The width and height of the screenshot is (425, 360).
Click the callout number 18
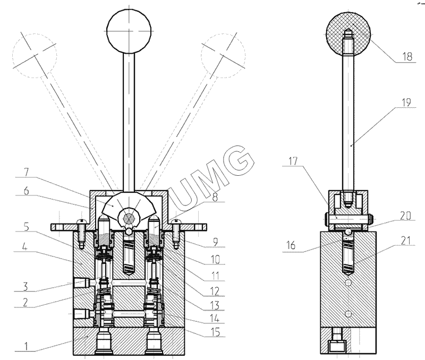pyautogui.click(x=407, y=57)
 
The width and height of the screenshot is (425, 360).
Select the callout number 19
pyautogui.click(x=406, y=102)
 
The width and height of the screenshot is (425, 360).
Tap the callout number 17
pyautogui.click(x=293, y=161)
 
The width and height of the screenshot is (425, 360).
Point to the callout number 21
pyautogui.click(x=406, y=241)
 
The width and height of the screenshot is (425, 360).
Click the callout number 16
pyautogui.click(x=291, y=245)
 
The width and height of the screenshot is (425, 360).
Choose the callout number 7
pyautogui.click(x=26, y=173)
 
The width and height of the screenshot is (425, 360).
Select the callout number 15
pyautogui.click(x=216, y=332)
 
